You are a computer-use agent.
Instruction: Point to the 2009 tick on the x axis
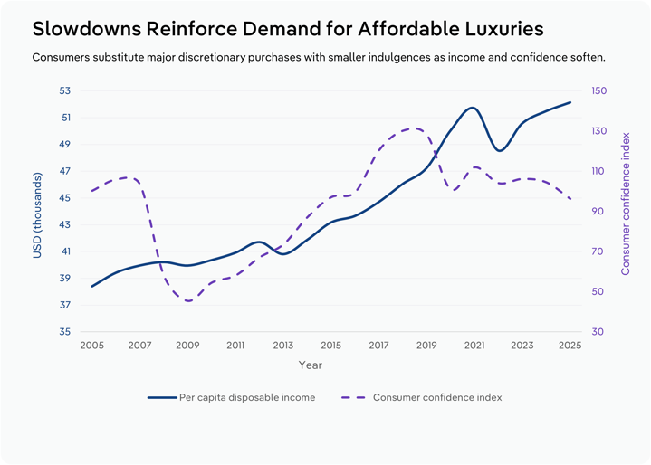coord(187,346)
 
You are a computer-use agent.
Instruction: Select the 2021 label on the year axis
coord(474,346)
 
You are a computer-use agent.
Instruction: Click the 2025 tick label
coord(570,346)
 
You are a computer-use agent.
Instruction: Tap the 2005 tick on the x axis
coord(91,346)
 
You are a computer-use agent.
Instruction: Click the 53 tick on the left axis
coord(63,90)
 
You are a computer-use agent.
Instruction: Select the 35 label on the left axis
coord(63,332)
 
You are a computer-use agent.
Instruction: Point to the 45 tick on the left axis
coord(63,198)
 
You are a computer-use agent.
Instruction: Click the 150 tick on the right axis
coord(599,90)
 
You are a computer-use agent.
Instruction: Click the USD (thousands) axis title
coord(37,212)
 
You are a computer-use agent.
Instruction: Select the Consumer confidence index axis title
coord(626,204)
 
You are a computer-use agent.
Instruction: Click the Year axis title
coord(311,365)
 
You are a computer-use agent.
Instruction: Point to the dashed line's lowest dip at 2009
coord(187,300)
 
